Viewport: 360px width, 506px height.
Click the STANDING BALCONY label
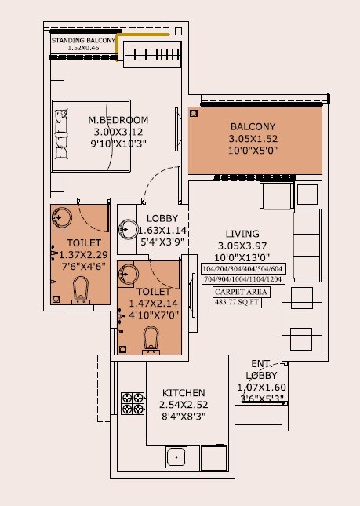point(83,40)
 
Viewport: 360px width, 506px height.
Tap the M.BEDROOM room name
point(118,120)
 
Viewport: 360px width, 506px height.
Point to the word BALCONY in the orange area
point(252,126)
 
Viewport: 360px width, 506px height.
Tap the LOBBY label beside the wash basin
point(162,218)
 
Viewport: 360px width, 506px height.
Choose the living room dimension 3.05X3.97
point(243,246)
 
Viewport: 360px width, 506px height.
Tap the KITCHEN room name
point(184,393)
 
